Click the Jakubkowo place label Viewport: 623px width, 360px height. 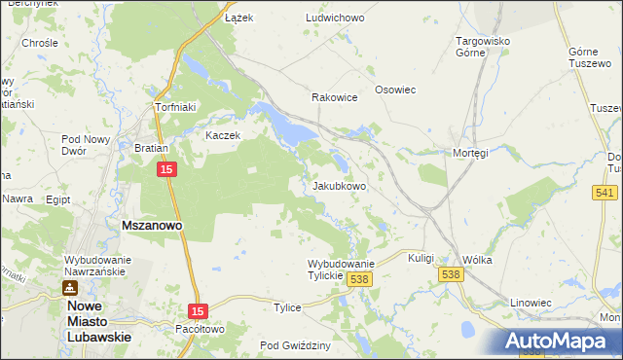339,186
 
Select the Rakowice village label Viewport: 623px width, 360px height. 334,98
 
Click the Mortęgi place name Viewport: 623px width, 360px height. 470,153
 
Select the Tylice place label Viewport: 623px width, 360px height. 287,307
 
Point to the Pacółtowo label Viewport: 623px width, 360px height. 202,330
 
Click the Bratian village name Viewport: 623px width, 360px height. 152,149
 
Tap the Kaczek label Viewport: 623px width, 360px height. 222,135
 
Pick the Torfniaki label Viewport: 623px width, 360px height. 177,107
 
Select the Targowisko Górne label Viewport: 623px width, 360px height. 484,47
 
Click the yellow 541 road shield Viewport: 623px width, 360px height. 601,193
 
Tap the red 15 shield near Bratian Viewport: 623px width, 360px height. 167,169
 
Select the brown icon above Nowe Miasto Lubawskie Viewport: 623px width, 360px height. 70,288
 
